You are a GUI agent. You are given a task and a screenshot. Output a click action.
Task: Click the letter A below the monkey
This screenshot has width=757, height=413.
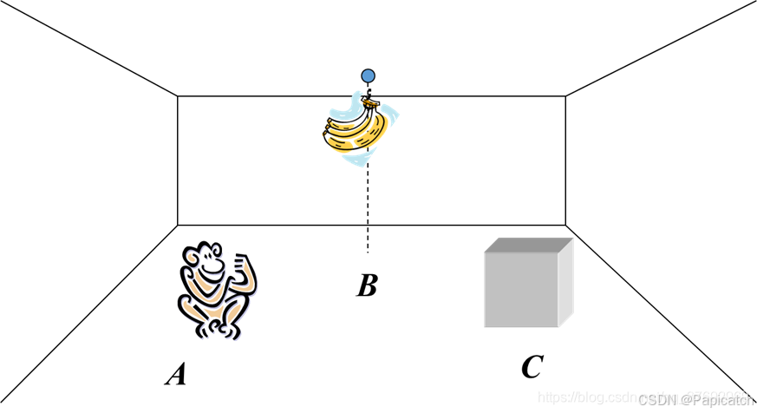176,374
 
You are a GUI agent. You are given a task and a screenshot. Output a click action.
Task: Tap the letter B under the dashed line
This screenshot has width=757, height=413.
367,285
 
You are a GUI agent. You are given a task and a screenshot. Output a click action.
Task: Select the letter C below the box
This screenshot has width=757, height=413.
532,368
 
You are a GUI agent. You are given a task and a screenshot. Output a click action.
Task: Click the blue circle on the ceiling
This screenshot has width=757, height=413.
369,75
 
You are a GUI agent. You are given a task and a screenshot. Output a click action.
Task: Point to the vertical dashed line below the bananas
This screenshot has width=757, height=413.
368,208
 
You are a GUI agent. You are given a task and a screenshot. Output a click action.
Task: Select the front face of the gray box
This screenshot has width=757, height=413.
520,290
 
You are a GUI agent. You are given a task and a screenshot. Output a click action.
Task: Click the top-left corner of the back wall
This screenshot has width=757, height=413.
178,95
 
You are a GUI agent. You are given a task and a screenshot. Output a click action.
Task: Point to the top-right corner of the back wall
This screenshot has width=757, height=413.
565,95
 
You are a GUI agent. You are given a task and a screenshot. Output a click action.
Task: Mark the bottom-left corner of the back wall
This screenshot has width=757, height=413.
178,225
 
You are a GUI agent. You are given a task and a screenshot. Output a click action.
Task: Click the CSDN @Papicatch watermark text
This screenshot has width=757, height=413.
696,400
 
